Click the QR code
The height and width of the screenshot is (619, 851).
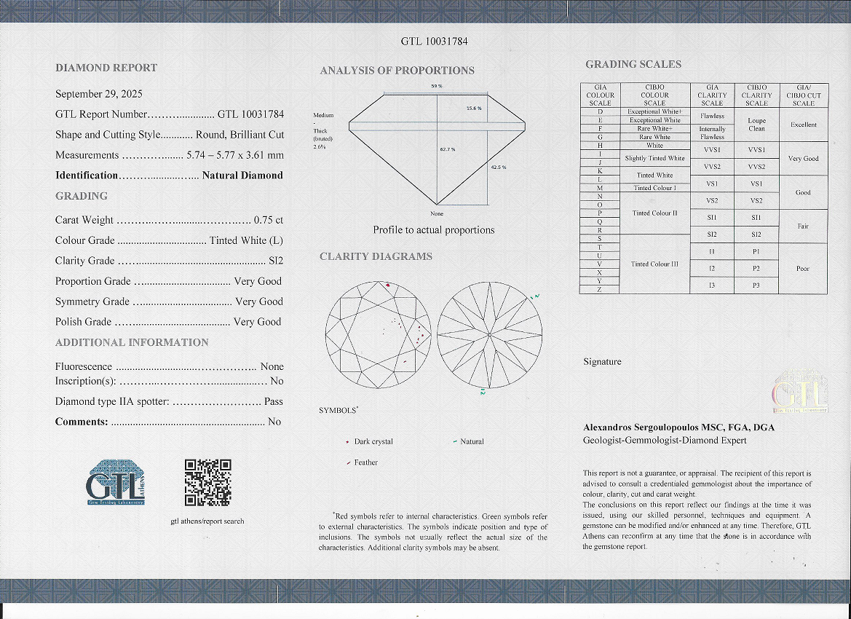coord(207,482)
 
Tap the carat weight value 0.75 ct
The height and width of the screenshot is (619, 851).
coord(268,220)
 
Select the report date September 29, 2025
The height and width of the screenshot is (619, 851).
coord(99,94)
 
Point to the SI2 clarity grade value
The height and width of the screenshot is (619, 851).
coord(275,261)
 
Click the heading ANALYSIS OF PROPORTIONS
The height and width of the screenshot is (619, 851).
coord(397,71)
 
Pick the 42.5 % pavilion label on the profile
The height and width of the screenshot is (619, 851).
coord(498,167)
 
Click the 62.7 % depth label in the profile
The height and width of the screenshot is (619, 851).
coord(447,149)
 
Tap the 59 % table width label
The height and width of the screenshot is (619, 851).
coord(437,87)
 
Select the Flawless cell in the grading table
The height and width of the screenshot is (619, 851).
coord(712,116)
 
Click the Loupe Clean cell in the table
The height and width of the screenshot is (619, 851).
coord(756,125)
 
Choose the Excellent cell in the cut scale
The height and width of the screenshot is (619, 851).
coord(803,125)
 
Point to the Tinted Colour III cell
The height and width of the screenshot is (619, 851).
coord(654,264)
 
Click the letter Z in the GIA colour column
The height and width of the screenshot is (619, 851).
coord(599,289)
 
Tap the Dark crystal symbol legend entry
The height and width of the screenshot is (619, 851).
coord(373,442)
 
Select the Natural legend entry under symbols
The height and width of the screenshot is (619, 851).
coord(471,442)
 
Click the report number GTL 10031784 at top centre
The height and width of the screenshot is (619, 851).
coord(434,42)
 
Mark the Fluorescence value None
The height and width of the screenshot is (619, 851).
coord(272,366)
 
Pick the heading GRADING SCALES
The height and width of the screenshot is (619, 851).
coord(633,65)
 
